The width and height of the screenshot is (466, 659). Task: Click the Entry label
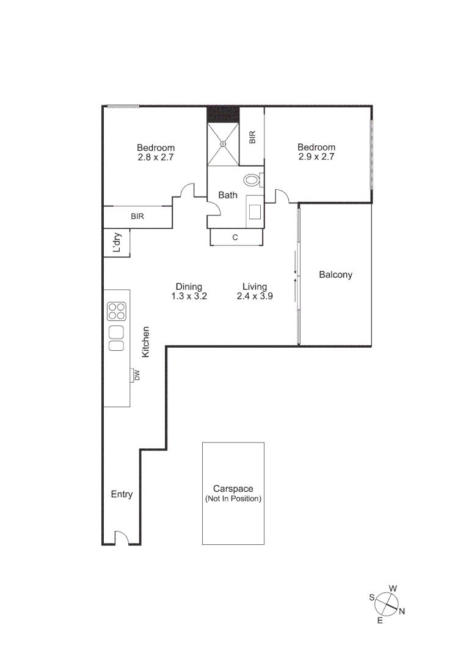(122, 494)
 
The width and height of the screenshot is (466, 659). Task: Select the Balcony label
(335, 275)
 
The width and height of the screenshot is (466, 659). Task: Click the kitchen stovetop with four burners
(116, 311)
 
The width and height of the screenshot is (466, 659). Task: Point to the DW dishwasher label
(137, 375)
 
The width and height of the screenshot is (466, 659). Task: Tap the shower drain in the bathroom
(223, 145)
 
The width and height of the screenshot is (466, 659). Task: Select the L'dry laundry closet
(117, 243)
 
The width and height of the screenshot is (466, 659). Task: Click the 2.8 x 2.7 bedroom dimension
(155, 157)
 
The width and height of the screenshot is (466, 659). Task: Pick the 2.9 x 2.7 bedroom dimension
(316, 156)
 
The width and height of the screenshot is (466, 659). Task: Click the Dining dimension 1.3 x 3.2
(189, 296)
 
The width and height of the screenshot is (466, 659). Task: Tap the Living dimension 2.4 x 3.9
(255, 296)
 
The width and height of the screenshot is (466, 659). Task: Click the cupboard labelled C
(235, 237)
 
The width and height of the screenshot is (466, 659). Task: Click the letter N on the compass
(401, 612)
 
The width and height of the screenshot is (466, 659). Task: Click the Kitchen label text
(145, 342)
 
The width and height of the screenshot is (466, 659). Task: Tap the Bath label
(228, 195)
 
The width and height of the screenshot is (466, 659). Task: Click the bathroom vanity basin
(255, 211)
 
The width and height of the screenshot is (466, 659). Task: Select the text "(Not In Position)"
(233, 499)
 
